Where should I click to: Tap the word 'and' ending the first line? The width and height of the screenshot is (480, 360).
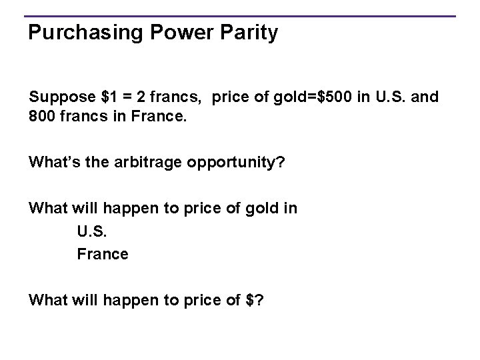[425, 97]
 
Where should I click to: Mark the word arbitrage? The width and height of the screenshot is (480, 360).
[142, 161]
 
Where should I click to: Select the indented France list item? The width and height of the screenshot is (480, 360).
[103, 254]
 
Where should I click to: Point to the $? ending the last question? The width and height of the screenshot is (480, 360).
[254, 300]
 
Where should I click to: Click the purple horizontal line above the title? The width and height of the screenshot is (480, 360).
[240, 16]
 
